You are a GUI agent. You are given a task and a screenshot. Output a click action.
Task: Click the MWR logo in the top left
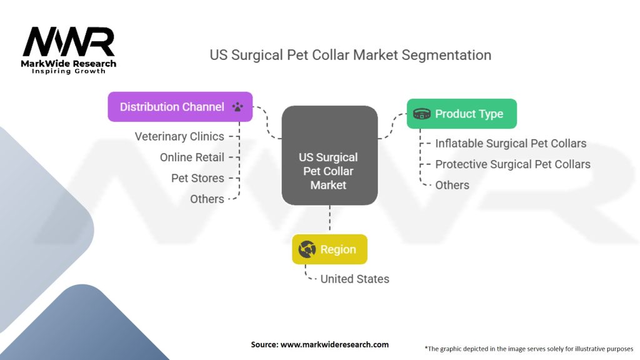pos(69,42)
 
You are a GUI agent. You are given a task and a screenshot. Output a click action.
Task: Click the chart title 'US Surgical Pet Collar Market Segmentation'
pos(350,55)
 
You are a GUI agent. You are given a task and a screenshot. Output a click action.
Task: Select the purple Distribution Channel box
pos(180,107)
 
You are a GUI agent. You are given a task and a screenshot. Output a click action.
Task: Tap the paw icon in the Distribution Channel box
pos(237,107)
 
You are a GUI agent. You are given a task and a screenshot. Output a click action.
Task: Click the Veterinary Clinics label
pos(179,136)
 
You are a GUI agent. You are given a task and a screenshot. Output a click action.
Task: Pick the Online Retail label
pos(192,157)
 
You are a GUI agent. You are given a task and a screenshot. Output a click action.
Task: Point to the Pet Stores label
pos(197,178)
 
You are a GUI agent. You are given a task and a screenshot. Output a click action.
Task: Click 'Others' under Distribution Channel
pos(207,199)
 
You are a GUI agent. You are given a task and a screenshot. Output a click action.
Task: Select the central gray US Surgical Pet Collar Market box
pos(329,156)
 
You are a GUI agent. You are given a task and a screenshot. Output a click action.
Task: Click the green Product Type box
pos(461,114)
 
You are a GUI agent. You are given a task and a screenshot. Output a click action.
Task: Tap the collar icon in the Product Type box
pos(422,114)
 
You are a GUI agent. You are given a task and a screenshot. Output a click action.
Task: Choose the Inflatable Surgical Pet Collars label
pos(511,143)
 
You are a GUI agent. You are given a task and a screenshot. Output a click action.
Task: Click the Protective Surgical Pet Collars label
pos(512,164)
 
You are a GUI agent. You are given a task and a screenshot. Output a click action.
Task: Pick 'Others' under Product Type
pos(452,184)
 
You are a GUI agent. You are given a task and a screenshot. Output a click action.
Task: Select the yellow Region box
pos(329,249)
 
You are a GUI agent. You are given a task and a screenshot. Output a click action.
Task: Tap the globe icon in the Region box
pos(307,249)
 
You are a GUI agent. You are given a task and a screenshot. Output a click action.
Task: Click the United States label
pos(354,279)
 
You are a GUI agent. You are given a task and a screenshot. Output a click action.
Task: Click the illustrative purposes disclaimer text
pos(529,348)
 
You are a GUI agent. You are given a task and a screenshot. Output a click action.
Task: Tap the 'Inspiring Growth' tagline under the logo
pos(69,71)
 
